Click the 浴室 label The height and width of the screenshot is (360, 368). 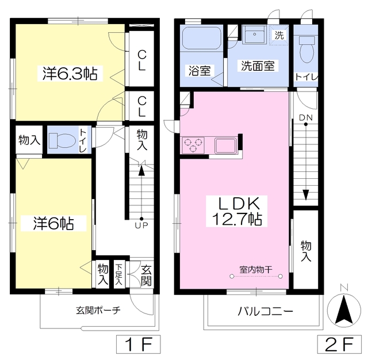[199, 71]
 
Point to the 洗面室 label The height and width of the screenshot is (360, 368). [256, 66]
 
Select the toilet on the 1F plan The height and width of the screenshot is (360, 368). [63, 140]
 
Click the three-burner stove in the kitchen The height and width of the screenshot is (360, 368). [194, 145]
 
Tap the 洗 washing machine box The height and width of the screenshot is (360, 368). [279, 35]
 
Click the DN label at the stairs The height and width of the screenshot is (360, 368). [305, 120]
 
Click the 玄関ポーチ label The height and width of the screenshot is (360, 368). [98, 311]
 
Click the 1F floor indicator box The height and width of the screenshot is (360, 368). [137, 346]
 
